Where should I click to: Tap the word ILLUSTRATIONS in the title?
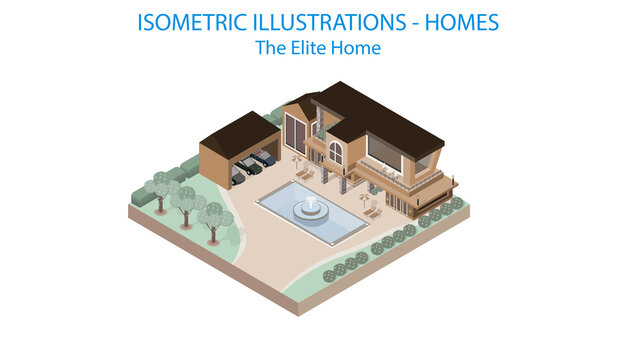pos(330,22)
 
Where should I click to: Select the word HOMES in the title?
pos(462,22)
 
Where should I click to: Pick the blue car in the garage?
pos(263,158)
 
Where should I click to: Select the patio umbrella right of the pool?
pos(363,197)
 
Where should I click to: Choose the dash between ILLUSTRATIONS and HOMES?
pos(414,22)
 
